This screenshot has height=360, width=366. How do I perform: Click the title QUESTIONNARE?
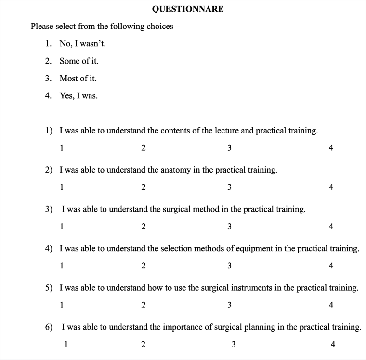pos(187,9)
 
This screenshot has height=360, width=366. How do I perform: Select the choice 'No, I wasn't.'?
pos(82,44)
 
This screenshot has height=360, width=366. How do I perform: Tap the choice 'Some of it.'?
pos(79,61)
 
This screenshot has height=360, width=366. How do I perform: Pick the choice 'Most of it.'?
pos(79,78)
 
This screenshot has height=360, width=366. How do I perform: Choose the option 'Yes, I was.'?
pos(78,95)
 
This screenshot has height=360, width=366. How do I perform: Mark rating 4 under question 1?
pos(331,148)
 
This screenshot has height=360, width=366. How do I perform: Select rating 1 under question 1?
pos(62,148)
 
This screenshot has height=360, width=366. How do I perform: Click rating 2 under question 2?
pos(144,187)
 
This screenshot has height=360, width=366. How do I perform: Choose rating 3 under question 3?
pos(229,227)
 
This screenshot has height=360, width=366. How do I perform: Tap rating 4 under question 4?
pos(331,266)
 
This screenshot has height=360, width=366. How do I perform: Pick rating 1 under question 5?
pos(62,305)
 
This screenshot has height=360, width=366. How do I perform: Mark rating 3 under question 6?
pos(234,344)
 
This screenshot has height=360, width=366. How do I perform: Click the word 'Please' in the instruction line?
pos(42,27)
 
